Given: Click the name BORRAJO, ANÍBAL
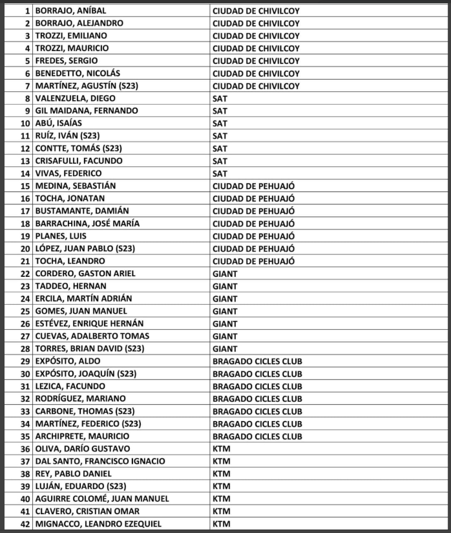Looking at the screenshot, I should click(70, 11).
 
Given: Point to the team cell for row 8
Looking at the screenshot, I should click(220, 98).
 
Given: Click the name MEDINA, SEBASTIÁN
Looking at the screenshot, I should click(76, 186).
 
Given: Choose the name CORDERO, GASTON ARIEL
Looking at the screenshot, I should click(85, 274).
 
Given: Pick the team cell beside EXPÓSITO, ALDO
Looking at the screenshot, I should click(257, 361).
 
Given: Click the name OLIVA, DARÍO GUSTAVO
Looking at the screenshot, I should click(83, 448).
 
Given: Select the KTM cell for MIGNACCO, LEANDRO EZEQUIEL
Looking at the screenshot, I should click(221, 523).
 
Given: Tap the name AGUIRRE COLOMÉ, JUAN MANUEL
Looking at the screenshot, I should click(102, 499).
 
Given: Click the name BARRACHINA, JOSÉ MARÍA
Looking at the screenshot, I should click(87, 223).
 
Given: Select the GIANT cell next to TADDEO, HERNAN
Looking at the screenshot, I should click(225, 286).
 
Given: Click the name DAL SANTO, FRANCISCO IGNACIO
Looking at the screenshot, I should click(100, 461).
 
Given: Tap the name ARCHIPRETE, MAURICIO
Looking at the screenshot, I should click(82, 436).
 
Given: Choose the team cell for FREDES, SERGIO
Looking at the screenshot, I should click(256, 61).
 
